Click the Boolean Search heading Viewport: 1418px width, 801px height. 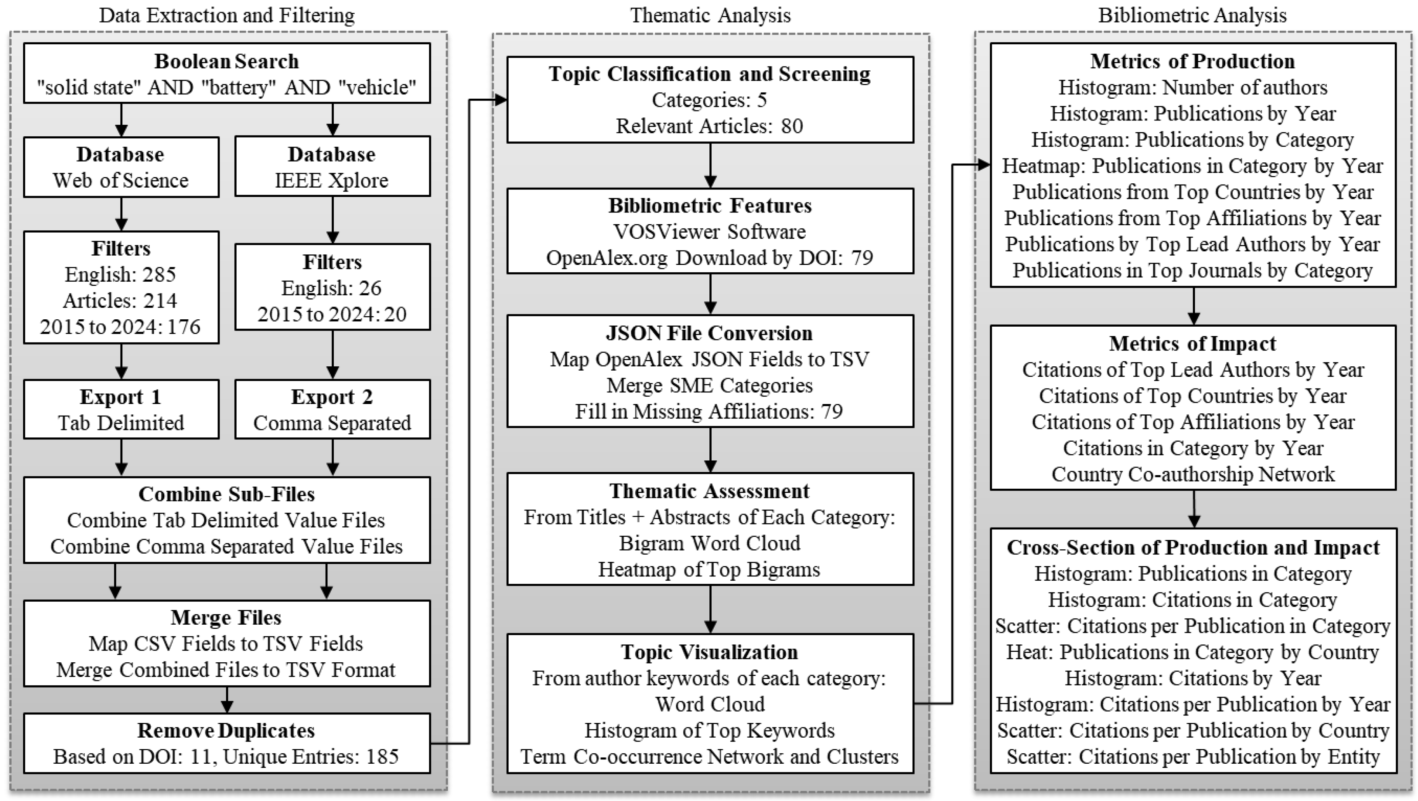click(226, 61)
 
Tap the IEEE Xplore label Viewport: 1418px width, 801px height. click(332, 181)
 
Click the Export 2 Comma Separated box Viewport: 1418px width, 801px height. click(332, 409)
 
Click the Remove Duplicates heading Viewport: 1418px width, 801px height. click(226, 731)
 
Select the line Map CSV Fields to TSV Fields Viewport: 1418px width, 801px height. click(226, 644)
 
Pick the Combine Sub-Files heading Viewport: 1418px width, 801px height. click(226, 495)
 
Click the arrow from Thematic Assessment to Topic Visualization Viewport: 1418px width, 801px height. click(710, 609)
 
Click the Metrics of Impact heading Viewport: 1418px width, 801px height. click(1192, 343)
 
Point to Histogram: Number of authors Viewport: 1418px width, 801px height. click(1192, 87)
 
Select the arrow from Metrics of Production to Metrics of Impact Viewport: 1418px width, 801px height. click(1193, 306)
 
